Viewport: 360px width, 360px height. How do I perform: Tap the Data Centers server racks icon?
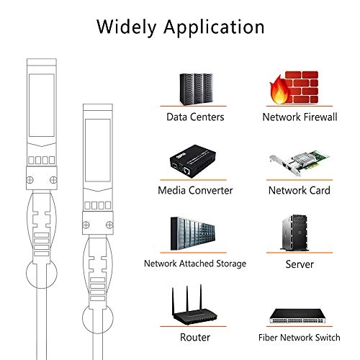[x=195, y=88]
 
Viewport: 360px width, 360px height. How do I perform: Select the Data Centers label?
[x=195, y=117]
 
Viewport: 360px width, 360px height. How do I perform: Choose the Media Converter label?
[x=195, y=191]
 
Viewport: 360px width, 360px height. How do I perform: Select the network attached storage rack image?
[x=195, y=234]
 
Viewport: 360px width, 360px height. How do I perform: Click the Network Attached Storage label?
[x=195, y=264]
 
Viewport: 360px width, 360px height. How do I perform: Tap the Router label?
[x=195, y=337]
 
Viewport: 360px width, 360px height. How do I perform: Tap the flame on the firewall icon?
[x=279, y=94]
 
